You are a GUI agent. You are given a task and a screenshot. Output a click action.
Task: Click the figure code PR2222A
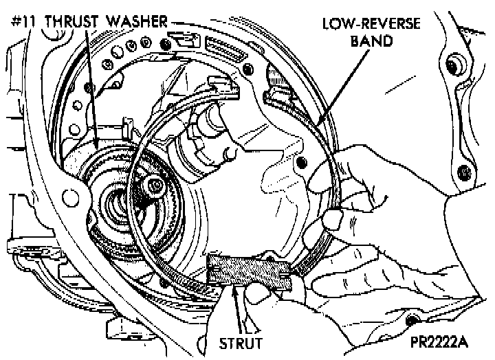tap(450, 341)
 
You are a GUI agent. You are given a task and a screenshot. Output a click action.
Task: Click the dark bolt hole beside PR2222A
tap(412, 321)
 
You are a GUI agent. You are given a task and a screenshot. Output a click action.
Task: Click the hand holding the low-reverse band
tap(371, 185)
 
